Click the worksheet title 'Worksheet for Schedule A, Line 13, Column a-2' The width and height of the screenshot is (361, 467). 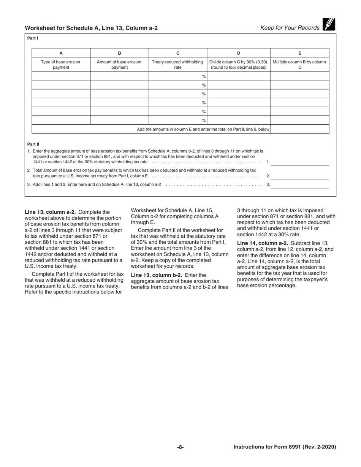coord(91,28)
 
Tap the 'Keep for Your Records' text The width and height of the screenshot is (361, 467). coord(290,28)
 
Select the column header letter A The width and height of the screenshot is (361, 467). coord(61,54)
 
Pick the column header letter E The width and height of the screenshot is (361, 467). coord(299,54)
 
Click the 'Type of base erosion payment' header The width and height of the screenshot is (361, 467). coord(61,65)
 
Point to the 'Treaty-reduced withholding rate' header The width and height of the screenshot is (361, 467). coord(177,65)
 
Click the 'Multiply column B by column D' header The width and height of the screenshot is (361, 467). coord(299,65)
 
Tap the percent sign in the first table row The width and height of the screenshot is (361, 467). coord(204,76)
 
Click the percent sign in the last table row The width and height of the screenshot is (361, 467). coord(204,121)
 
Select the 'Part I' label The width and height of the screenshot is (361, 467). coord(33,38)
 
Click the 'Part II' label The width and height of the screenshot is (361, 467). coord(33,144)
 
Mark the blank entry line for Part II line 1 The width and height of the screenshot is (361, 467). coord(299,163)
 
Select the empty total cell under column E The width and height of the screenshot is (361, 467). coord(299,129)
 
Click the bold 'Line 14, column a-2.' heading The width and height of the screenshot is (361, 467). coord(263,243)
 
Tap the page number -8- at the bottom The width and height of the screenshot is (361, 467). coord(180,447)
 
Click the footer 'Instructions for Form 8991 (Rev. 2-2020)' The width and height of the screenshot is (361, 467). coord(285,447)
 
